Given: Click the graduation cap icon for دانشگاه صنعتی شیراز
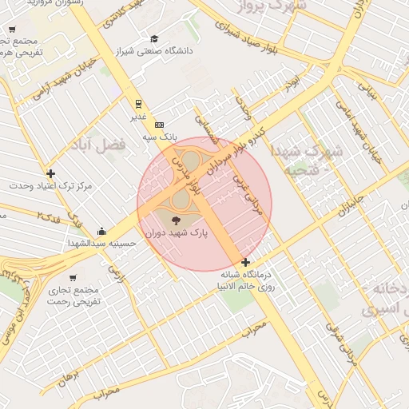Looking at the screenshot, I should (x=154, y=39).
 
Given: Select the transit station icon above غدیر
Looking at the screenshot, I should (x=139, y=103).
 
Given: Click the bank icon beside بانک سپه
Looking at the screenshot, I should (x=159, y=125).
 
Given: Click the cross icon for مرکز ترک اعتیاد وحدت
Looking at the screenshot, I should (x=51, y=173).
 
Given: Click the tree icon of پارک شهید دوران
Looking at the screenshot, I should (x=176, y=220).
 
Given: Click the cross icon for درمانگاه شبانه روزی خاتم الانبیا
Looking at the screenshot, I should (x=245, y=263).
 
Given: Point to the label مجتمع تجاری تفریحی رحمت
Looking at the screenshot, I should (x=73, y=296).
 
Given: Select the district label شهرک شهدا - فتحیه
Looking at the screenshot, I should (x=310, y=160).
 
